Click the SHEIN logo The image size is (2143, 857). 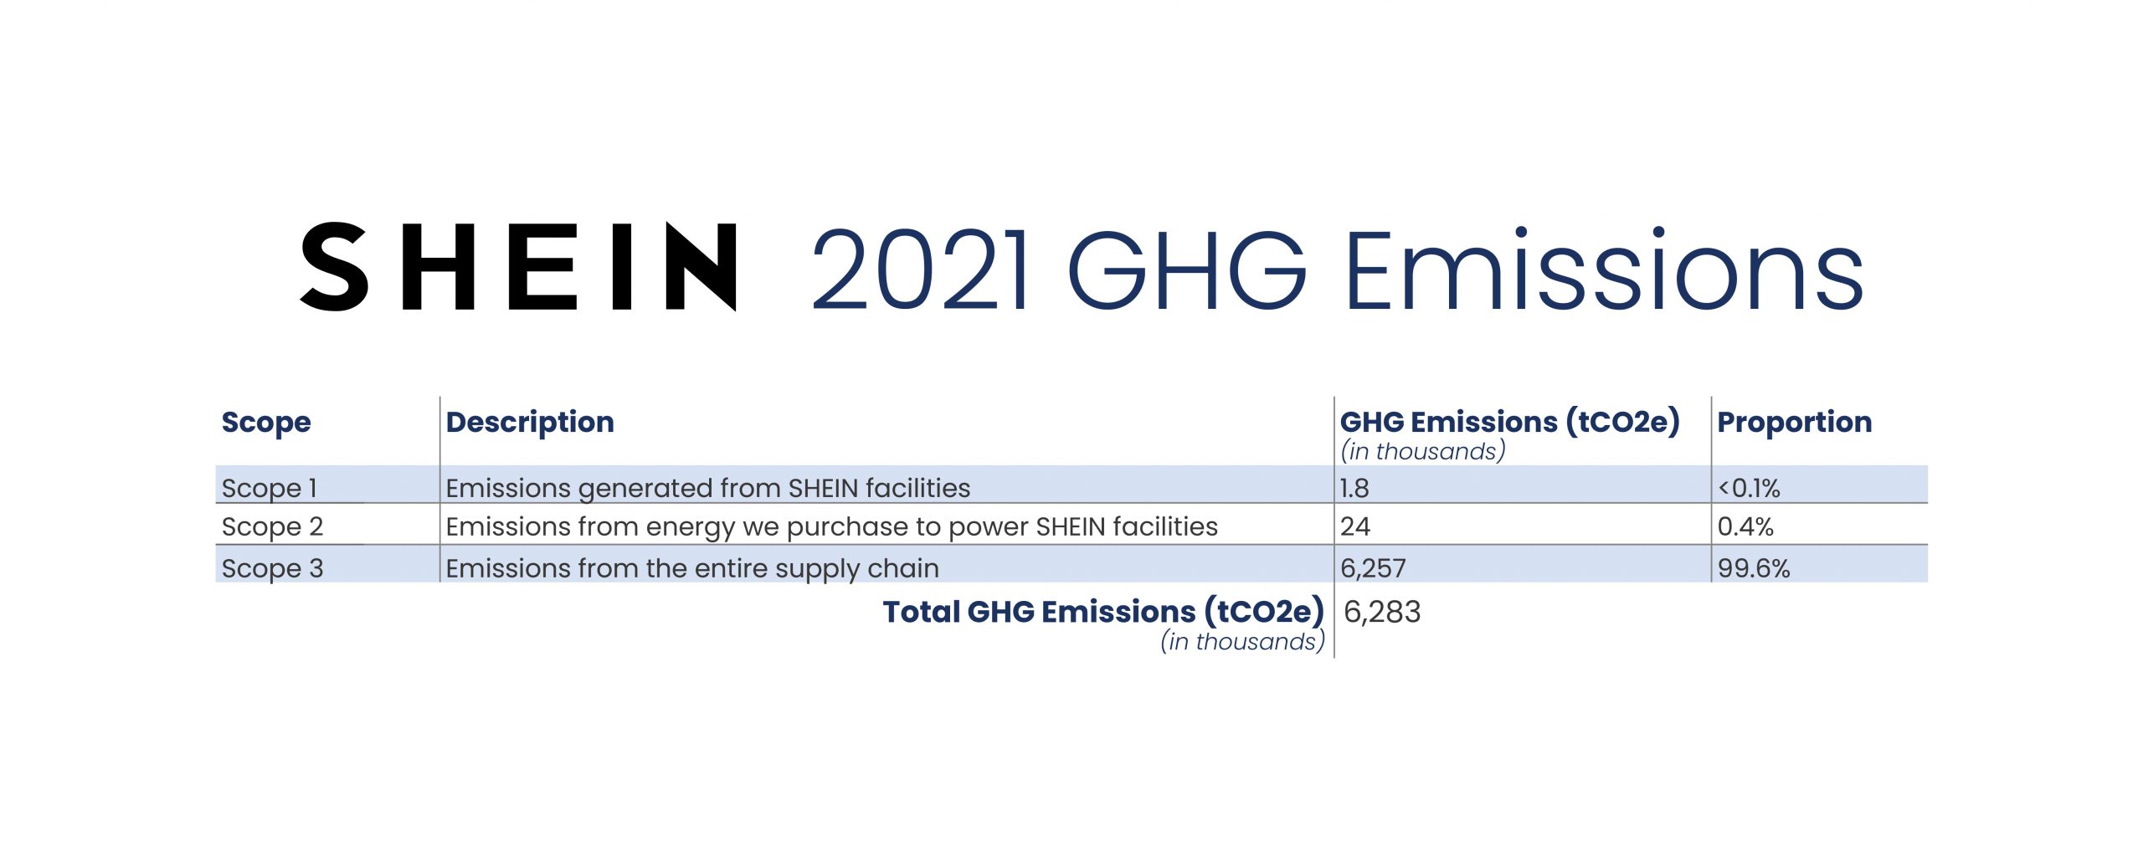[518, 267]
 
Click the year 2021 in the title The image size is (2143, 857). [920, 270]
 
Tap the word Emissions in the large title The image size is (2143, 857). [1604, 269]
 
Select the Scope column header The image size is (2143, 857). [266, 423]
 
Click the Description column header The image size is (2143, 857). [530, 423]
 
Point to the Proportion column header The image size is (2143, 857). [1795, 423]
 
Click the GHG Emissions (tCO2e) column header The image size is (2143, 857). [1510, 422]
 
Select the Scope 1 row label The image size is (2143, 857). [270, 488]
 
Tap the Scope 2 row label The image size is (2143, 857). [272, 527]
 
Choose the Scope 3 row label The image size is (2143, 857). [272, 569]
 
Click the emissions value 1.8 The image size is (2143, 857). [1354, 488]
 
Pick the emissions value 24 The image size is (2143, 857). [1355, 526]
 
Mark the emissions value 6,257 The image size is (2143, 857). [1373, 569]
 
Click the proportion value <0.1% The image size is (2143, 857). [1749, 488]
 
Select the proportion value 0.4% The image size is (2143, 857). [1745, 526]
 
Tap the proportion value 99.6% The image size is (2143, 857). [1754, 568]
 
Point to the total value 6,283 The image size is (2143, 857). [1382, 613]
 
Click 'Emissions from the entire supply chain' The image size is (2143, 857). [692, 569]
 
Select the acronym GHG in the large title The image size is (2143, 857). [1187, 270]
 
